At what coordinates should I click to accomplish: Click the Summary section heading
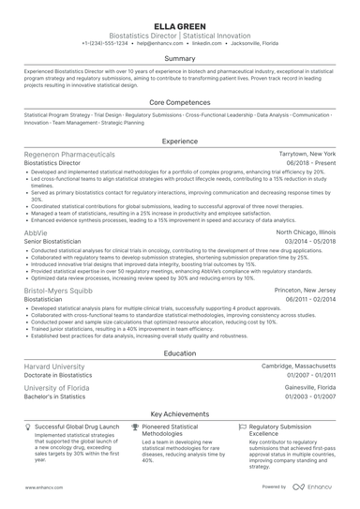click(180, 58)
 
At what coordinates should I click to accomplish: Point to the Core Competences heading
click(180, 101)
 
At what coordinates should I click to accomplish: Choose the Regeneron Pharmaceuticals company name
click(70, 153)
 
